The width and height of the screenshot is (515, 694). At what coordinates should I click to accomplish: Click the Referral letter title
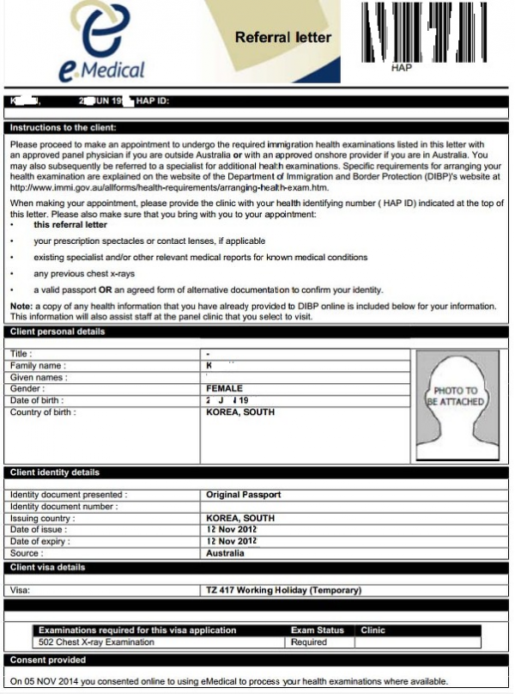pyautogui.click(x=282, y=37)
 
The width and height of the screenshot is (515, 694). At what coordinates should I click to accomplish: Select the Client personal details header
pyautogui.click(x=58, y=332)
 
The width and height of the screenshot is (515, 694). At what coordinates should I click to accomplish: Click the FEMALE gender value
pyautogui.click(x=225, y=388)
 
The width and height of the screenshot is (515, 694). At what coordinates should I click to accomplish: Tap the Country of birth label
pyautogui.click(x=43, y=412)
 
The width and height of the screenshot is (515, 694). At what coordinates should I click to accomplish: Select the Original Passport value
pyautogui.click(x=244, y=495)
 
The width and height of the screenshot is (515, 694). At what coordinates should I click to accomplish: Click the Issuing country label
pyautogui.click(x=42, y=519)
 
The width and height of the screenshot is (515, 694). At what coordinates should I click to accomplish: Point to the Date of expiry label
pyautogui.click(x=41, y=541)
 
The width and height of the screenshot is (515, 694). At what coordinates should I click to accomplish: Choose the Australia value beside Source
pyautogui.click(x=226, y=553)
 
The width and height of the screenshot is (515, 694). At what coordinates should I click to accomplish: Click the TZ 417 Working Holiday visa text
pyautogui.click(x=284, y=590)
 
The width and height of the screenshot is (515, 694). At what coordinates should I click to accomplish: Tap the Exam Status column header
pyautogui.click(x=318, y=630)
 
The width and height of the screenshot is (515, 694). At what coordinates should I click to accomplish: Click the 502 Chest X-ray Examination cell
pyautogui.click(x=97, y=642)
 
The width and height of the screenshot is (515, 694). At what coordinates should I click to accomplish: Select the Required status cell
pyautogui.click(x=309, y=642)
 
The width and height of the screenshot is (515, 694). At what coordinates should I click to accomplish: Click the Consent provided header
pyautogui.click(x=48, y=660)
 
